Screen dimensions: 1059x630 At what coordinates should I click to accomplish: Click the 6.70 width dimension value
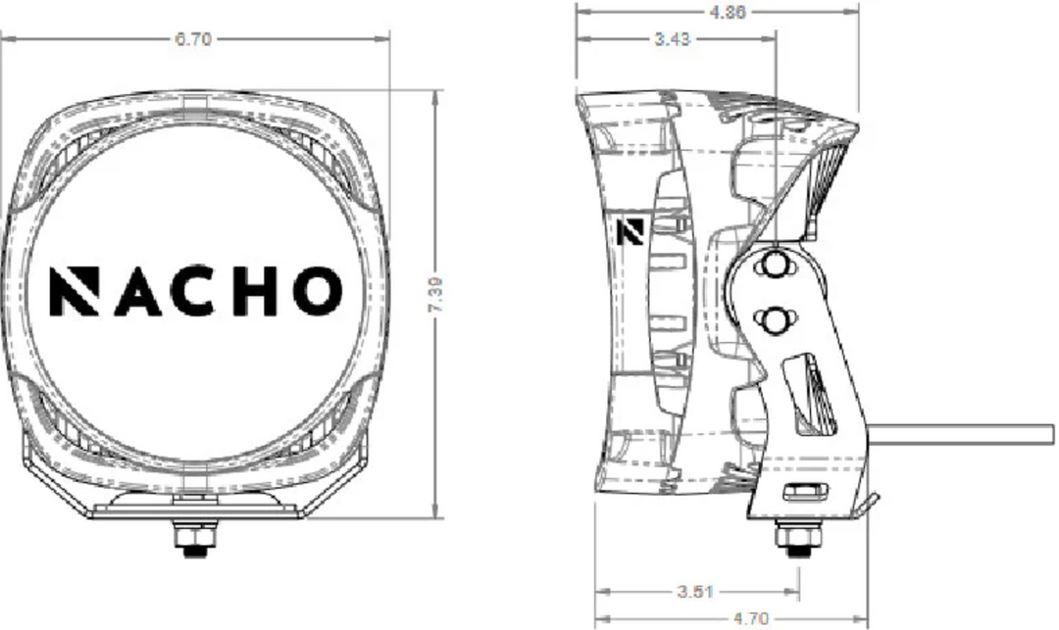click(x=193, y=39)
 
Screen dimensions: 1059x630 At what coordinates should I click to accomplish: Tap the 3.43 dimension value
click(x=672, y=39)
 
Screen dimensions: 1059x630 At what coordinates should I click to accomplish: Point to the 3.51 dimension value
click(x=695, y=592)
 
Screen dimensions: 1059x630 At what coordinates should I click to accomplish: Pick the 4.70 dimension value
click(x=750, y=618)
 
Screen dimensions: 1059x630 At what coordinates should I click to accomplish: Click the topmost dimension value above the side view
click(x=728, y=12)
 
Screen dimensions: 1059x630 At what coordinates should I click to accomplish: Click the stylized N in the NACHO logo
click(x=75, y=291)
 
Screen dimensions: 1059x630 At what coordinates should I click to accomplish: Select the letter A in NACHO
click(x=138, y=291)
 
